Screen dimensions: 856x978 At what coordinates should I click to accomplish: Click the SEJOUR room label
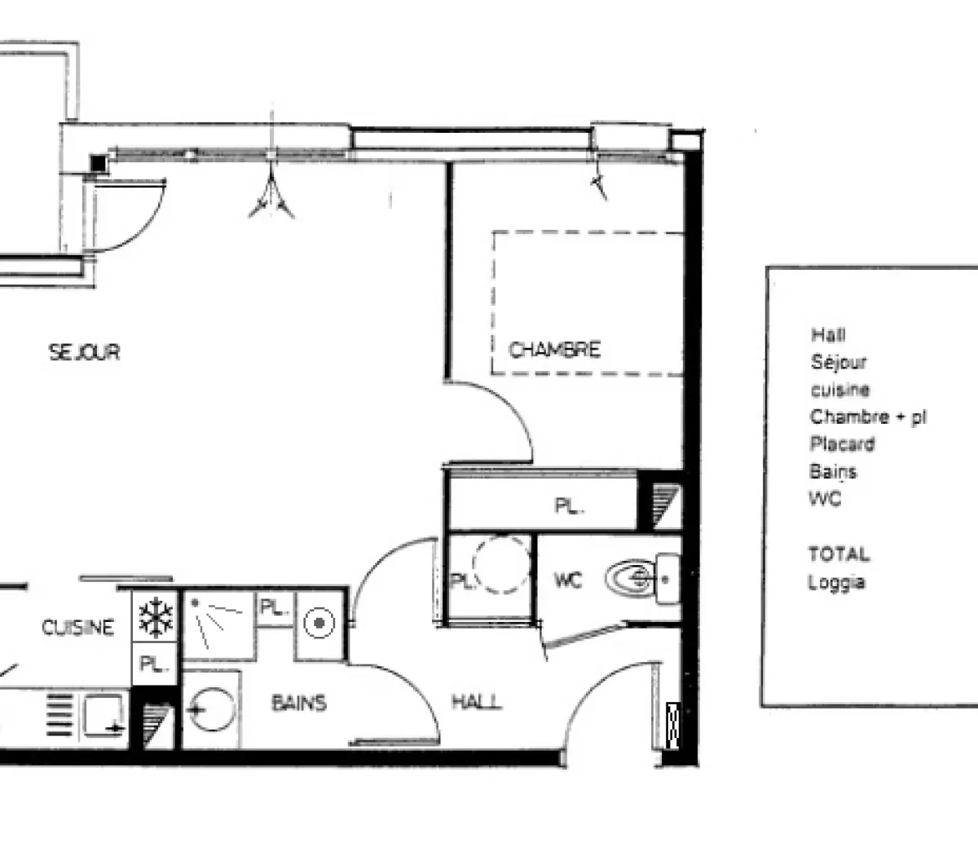click(x=84, y=352)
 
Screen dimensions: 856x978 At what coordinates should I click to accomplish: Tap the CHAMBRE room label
click(x=554, y=350)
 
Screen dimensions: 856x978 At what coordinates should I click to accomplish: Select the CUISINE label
click(x=77, y=628)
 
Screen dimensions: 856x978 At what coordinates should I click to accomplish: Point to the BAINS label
click(x=299, y=702)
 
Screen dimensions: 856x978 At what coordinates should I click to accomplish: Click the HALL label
click(x=477, y=702)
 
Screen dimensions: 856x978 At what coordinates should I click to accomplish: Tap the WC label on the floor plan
click(x=568, y=580)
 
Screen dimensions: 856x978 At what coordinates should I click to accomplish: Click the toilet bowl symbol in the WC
click(x=632, y=579)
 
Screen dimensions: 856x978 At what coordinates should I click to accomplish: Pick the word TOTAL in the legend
click(x=839, y=554)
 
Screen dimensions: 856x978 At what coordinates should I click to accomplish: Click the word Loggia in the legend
click(x=836, y=583)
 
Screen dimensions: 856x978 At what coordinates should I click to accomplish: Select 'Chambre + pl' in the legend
click(x=868, y=417)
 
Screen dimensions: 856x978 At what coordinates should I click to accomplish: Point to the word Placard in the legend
click(x=842, y=444)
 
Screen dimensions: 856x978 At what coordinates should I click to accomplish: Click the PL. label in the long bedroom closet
click(x=569, y=506)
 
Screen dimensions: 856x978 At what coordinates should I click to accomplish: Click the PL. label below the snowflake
click(x=152, y=664)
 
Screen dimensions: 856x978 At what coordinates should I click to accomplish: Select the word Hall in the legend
click(x=828, y=334)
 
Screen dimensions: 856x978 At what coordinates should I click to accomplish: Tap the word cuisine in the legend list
click(x=839, y=390)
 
